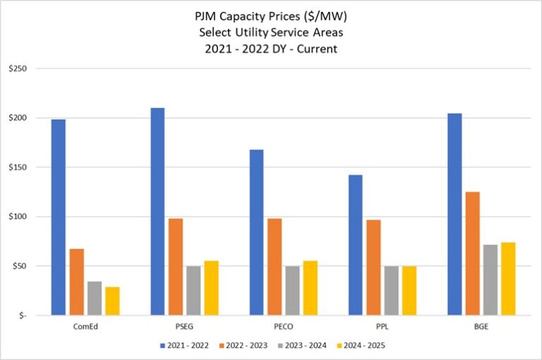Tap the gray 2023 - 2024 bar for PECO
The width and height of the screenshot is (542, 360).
(x=292, y=291)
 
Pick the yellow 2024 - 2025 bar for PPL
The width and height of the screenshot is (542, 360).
(x=409, y=291)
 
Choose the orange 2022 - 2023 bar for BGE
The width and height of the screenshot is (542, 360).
(x=473, y=253)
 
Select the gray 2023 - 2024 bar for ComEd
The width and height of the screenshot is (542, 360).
(x=95, y=299)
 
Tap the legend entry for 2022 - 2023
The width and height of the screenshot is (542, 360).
(x=246, y=345)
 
